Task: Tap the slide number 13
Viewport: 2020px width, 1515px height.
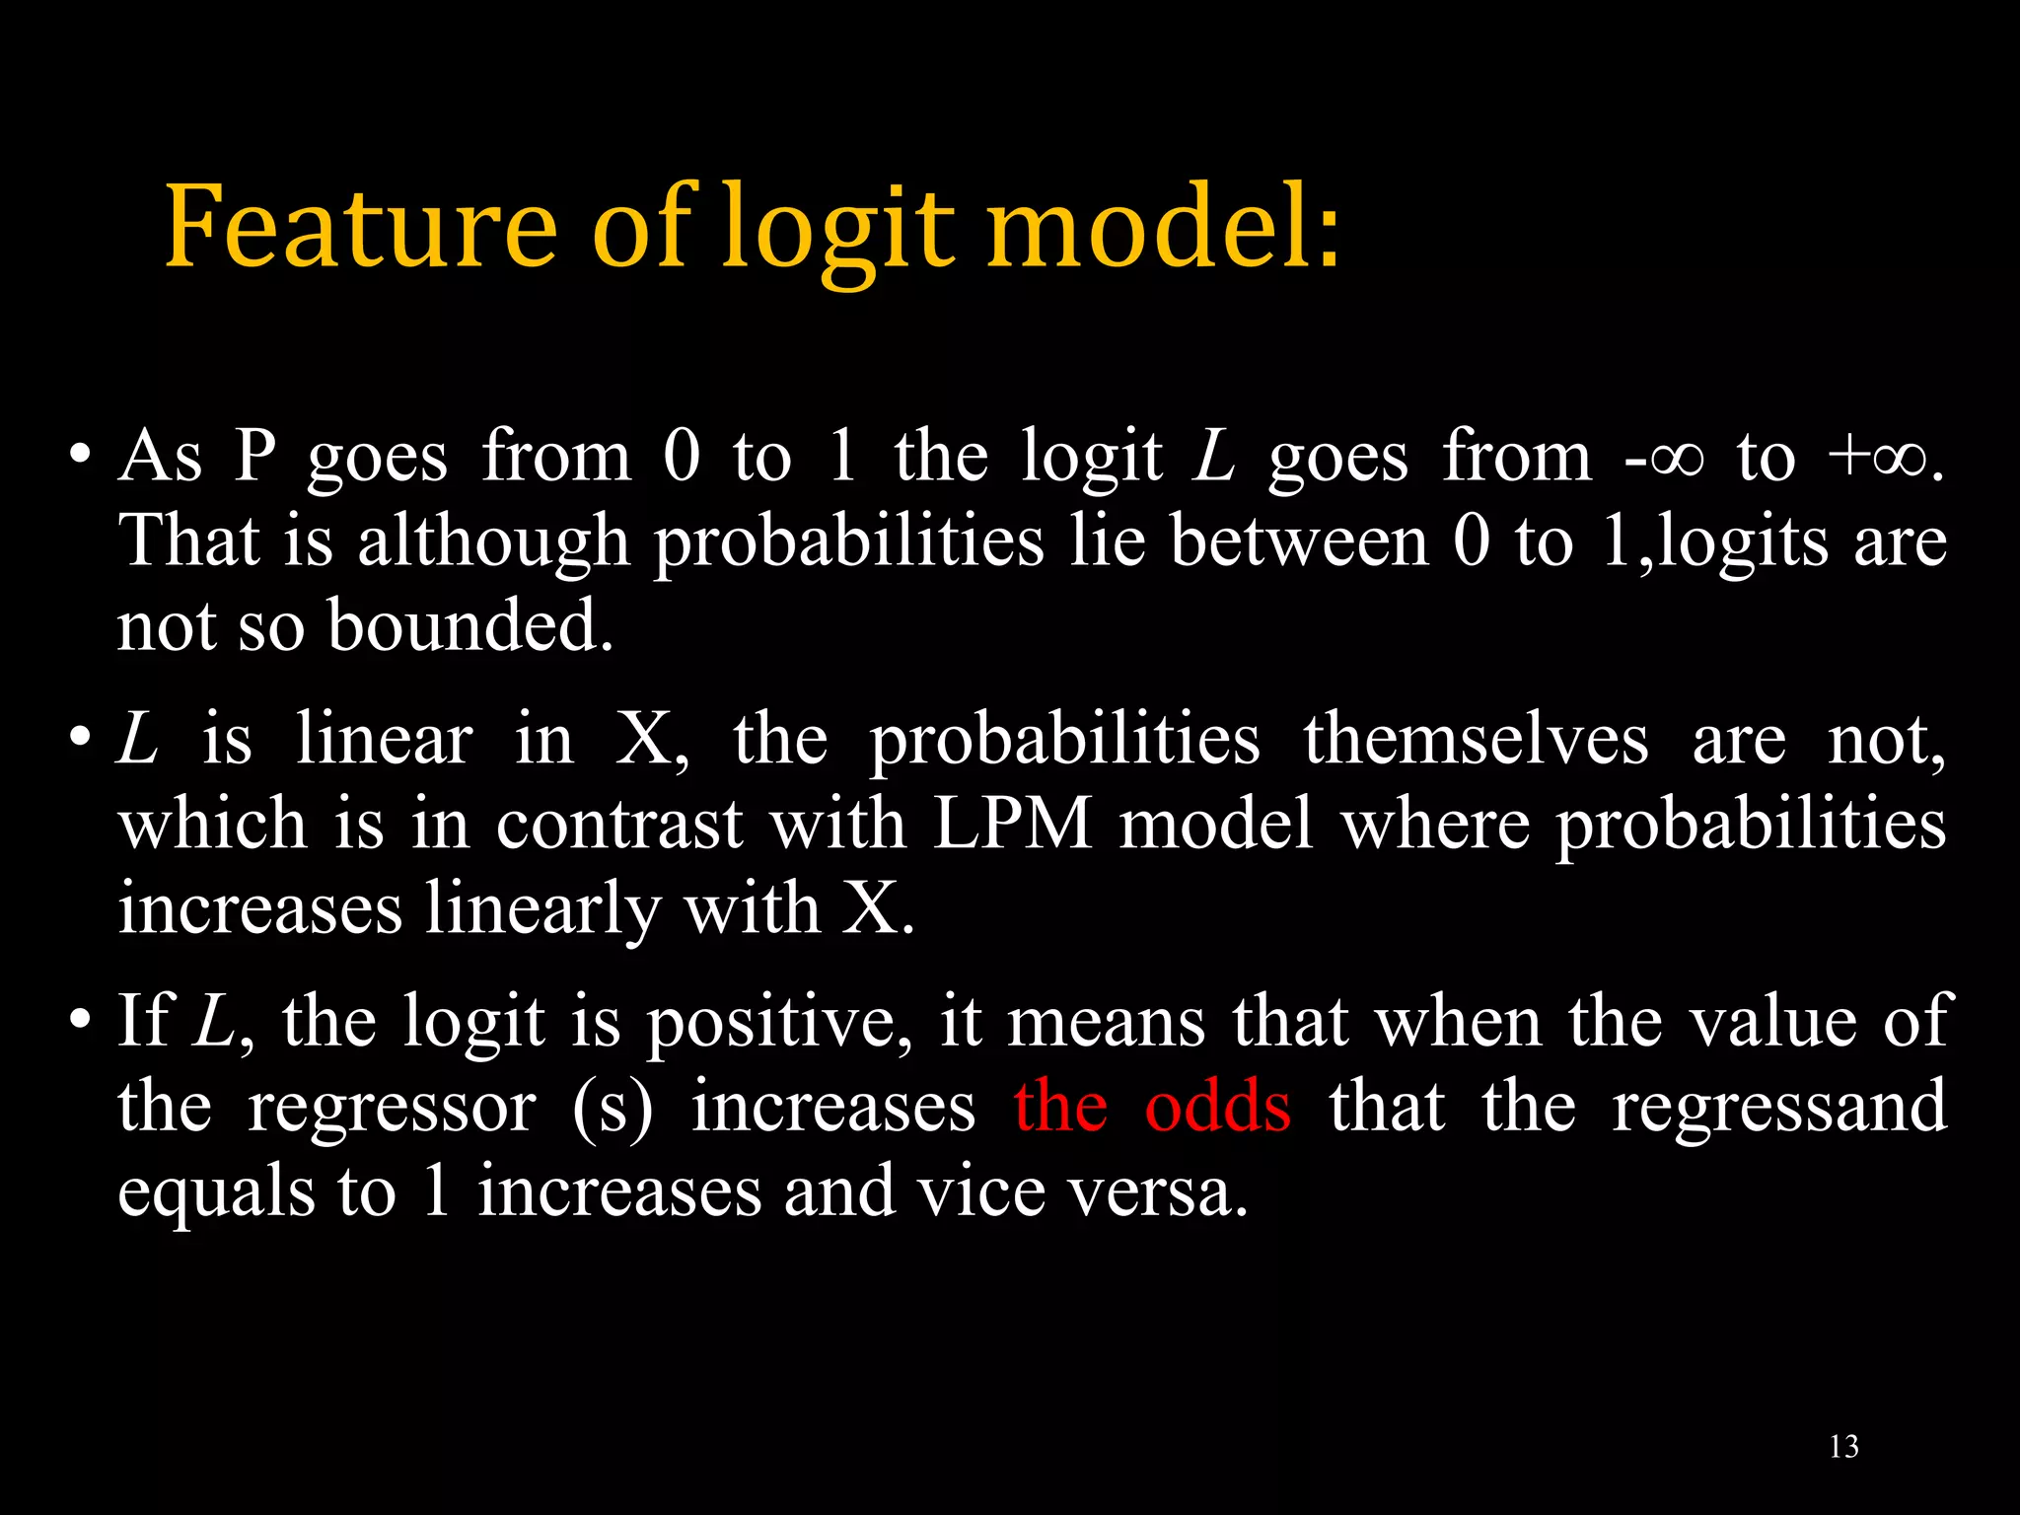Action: [x=1843, y=1447]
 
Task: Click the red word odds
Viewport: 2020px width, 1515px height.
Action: [x=1217, y=1107]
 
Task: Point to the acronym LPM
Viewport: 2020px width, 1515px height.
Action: [x=1012, y=824]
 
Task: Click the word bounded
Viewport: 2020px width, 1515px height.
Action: [x=469, y=626]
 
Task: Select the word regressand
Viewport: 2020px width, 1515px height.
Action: [x=1778, y=1107]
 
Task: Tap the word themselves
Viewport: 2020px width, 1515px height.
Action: [x=1476, y=740]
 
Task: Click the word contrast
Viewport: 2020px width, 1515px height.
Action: [x=618, y=825]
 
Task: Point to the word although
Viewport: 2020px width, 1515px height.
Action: [x=493, y=542]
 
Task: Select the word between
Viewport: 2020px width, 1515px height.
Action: [x=1299, y=542]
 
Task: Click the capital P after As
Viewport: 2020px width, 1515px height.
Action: [x=254, y=457]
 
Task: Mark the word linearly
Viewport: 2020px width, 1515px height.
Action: [x=541, y=909]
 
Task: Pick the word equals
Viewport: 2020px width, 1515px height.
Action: [x=215, y=1192]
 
